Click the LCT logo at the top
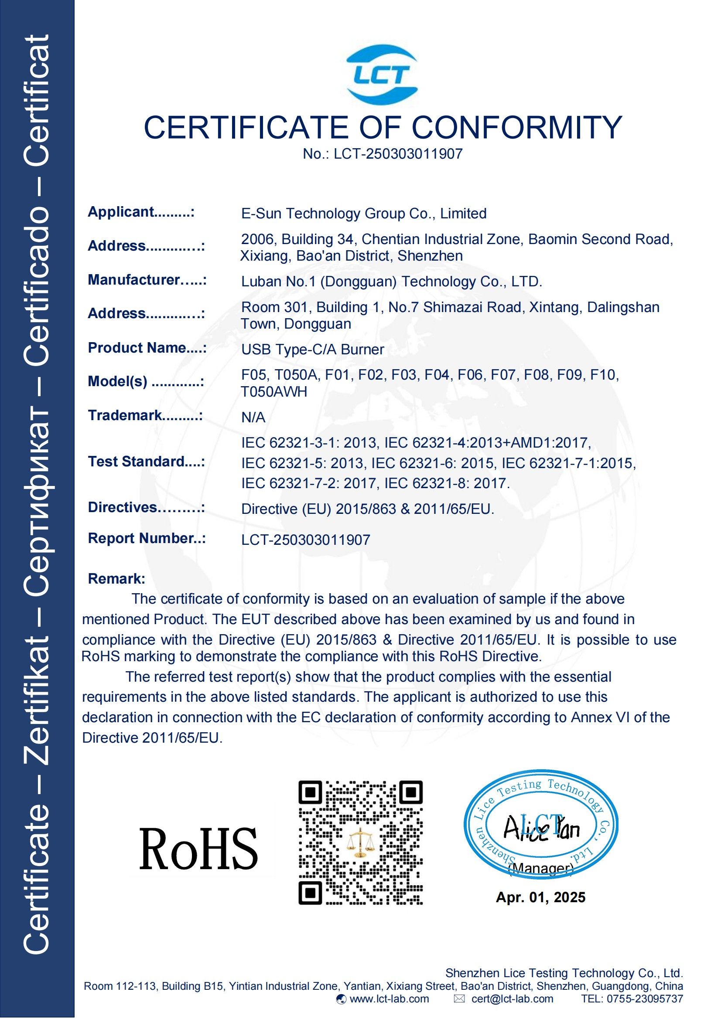382,75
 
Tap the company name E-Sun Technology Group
363,214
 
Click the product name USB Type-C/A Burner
312,349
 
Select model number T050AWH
273,392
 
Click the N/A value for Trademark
253,417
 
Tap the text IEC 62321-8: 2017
447,483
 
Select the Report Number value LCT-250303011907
306,540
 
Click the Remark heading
116,579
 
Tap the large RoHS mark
198,849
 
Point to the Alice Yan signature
541,829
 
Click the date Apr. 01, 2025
540,897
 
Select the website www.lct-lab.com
389,999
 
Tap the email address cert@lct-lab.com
512,999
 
